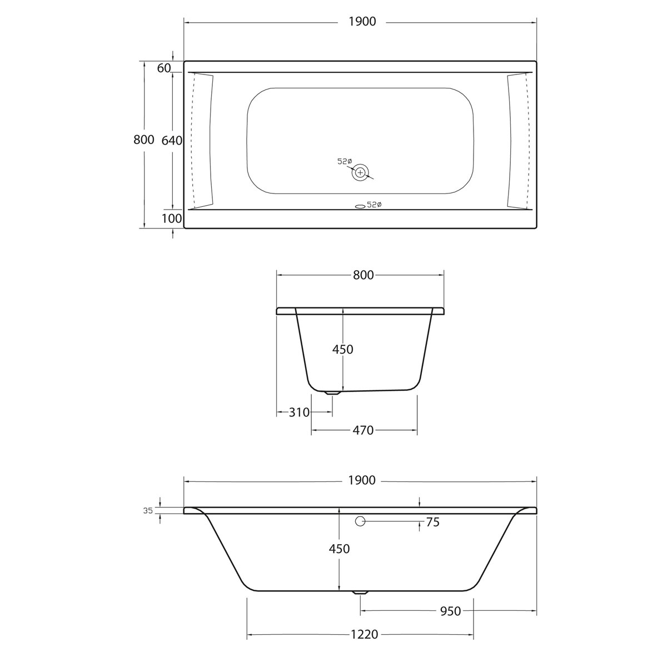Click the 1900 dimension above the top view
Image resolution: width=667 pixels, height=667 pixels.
(x=362, y=22)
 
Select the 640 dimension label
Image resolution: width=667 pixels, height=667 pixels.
(x=171, y=141)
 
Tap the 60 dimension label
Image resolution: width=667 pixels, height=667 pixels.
(x=163, y=68)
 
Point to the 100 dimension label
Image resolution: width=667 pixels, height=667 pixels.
(x=172, y=218)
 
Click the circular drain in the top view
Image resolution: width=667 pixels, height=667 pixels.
(x=360, y=173)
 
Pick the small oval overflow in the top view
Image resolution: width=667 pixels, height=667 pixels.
(x=360, y=206)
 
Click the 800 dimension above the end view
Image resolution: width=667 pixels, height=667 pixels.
(x=363, y=275)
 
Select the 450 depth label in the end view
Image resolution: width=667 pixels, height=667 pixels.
(x=342, y=349)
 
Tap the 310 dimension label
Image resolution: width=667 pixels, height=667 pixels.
(x=299, y=412)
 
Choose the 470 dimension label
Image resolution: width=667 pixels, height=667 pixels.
(x=363, y=430)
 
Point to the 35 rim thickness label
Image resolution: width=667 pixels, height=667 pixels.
(x=148, y=510)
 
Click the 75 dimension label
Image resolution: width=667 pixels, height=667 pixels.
(x=432, y=522)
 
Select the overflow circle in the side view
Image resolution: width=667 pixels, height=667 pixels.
(x=360, y=521)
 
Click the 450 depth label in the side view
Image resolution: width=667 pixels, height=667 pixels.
(x=339, y=549)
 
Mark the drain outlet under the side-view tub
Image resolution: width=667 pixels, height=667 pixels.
(x=360, y=593)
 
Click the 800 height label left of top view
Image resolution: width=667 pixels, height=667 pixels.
(x=144, y=140)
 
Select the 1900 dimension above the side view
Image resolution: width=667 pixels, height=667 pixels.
(x=362, y=480)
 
